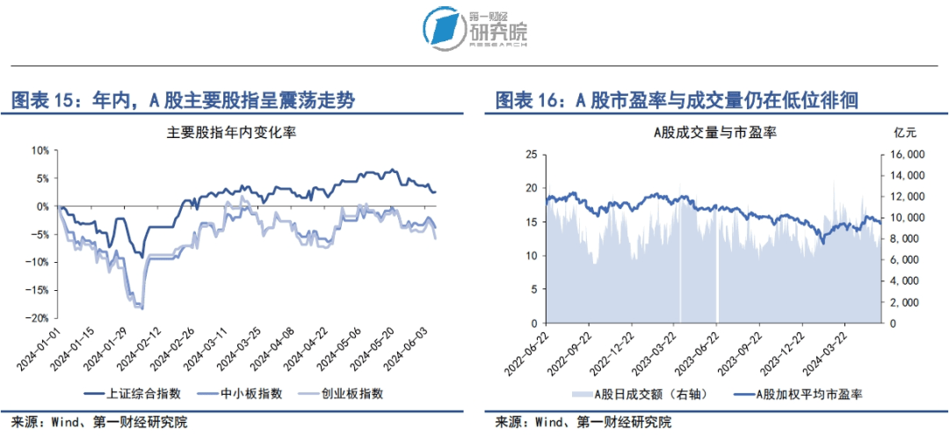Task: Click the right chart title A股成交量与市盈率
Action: (x=713, y=134)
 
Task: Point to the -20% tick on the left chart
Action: (x=38, y=318)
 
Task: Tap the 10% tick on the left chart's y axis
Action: (x=40, y=150)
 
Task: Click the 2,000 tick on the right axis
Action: (x=902, y=302)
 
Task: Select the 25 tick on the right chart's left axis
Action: (x=530, y=154)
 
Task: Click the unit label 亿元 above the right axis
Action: (x=905, y=134)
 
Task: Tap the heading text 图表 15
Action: (x=40, y=101)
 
